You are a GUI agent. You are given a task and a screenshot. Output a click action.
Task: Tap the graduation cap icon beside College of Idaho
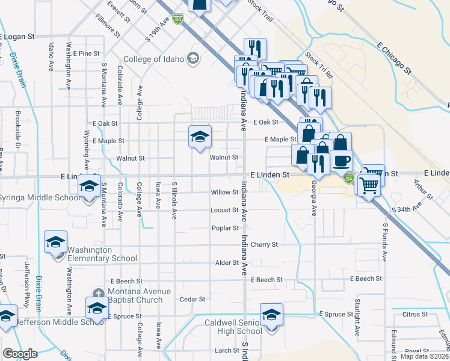coord(193,58)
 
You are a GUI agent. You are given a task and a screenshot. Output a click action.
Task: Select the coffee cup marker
coord(342,161)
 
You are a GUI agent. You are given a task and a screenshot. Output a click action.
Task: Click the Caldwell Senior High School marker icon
coord(271,314)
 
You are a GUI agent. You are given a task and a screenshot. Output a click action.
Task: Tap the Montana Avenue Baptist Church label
coord(136,295)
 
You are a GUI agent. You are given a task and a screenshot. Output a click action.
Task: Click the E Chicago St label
coord(394,58)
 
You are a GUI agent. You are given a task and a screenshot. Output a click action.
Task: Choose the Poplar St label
coord(225,228)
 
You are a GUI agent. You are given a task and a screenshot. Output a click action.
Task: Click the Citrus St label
coord(415,314)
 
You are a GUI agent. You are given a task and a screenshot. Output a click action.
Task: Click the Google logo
coord(20,354)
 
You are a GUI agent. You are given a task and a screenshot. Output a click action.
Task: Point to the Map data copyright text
coord(425,357)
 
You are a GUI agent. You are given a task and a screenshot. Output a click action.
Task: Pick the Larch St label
coord(227,350)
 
